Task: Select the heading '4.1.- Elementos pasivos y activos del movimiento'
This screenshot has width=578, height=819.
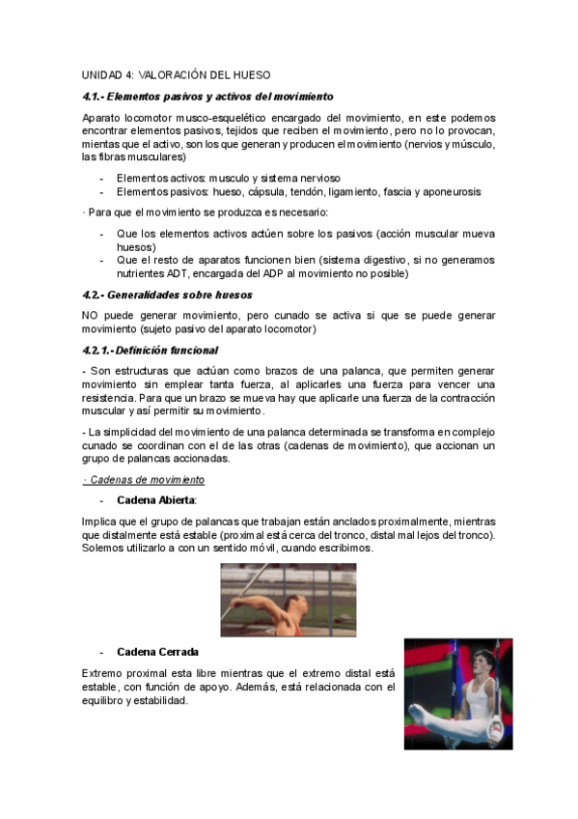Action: (207, 97)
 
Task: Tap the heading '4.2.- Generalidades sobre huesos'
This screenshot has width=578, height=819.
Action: (167, 295)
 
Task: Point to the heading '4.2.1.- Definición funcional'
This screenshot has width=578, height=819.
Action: (150, 350)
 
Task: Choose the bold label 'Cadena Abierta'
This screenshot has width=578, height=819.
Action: (155, 499)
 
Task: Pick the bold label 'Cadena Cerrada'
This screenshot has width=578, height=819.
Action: (157, 652)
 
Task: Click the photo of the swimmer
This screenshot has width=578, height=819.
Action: (288, 600)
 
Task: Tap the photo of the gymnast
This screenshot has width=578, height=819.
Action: (457, 693)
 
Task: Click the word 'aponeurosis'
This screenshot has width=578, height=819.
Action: (450, 191)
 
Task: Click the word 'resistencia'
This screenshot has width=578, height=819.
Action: (113, 398)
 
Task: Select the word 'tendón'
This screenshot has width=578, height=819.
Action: (300, 191)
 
